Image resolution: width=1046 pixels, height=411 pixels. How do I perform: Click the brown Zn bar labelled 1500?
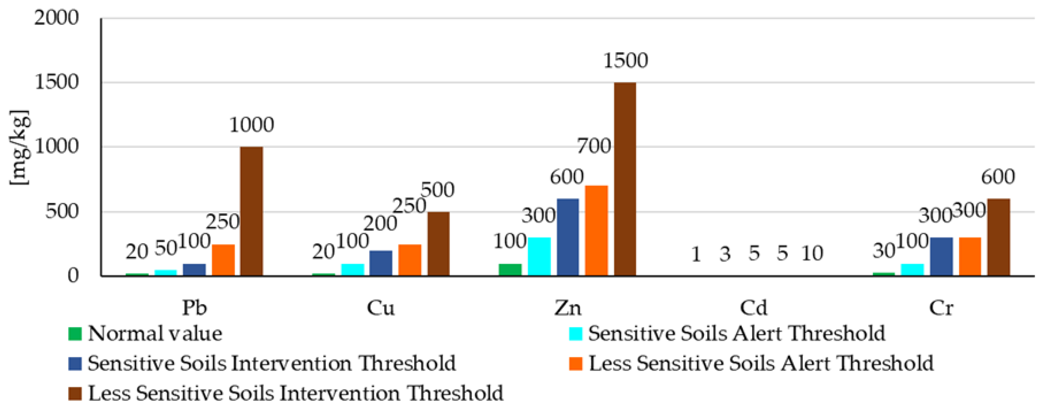click(x=625, y=179)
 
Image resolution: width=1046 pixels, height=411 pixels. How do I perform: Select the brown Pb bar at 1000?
click(x=251, y=211)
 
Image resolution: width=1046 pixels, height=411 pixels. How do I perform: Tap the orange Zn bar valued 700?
click(x=596, y=230)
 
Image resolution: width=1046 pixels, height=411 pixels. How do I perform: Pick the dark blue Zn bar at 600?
click(x=568, y=237)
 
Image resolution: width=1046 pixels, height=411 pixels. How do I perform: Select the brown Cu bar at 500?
click(x=439, y=244)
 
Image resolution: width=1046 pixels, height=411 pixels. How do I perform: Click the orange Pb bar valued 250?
click(x=223, y=260)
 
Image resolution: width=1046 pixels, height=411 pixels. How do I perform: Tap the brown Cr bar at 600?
click(x=998, y=237)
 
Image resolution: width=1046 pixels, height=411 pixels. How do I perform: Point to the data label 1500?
click(x=625, y=60)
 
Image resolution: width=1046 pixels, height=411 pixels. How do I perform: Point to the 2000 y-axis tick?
click(x=56, y=18)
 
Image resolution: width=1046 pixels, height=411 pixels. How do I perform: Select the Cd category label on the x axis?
click(x=754, y=308)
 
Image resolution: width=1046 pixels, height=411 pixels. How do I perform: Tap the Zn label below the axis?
click(x=568, y=308)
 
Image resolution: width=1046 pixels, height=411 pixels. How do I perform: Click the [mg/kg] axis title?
click(x=19, y=147)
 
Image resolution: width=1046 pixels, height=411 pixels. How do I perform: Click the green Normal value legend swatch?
click(x=75, y=334)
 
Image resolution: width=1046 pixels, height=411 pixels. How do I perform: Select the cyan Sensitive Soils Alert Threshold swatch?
click(x=576, y=334)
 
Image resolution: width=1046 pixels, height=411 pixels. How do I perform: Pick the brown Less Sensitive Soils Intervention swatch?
click(x=75, y=393)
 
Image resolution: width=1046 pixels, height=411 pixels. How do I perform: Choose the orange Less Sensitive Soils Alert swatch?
click(x=576, y=363)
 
